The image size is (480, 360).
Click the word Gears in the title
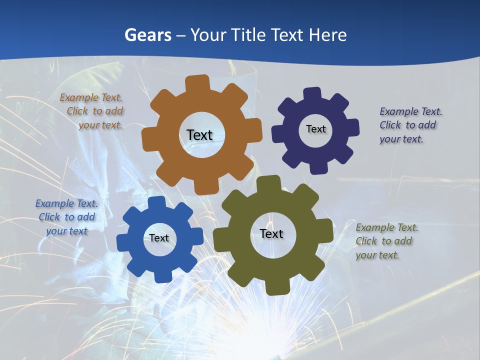point(148,35)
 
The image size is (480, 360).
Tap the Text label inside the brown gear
point(199,135)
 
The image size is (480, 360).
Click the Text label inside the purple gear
point(315,129)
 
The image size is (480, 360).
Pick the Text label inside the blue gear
point(159,238)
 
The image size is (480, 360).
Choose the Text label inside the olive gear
point(271,233)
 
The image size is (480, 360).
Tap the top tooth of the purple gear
point(312,94)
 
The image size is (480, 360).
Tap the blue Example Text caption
point(66,217)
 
